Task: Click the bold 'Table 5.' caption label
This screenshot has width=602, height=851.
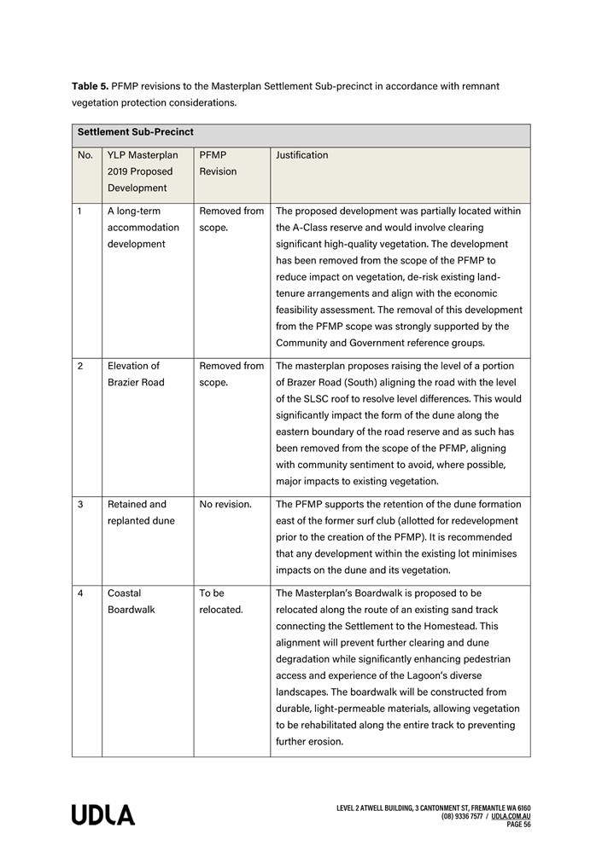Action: pyautogui.click(x=90, y=86)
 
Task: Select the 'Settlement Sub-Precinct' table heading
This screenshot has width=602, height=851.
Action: pyautogui.click(x=135, y=133)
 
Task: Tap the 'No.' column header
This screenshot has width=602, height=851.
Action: pyautogui.click(x=85, y=155)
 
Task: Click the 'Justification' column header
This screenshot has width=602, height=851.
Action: pyautogui.click(x=301, y=155)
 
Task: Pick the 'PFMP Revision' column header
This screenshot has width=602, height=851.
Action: pyautogui.click(x=219, y=164)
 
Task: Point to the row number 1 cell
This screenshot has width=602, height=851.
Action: pyautogui.click(x=80, y=211)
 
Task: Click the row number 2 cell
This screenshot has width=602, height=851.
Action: pyautogui.click(x=80, y=366)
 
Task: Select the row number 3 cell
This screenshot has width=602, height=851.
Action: pyautogui.click(x=80, y=505)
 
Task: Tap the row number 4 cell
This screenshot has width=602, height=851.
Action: pyautogui.click(x=80, y=593)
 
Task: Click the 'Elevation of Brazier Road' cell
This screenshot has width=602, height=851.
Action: pyautogui.click(x=136, y=374)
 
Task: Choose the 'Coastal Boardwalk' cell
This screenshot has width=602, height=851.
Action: pyautogui.click(x=132, y=601)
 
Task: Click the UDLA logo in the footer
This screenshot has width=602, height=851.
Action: pyautogui.click(x=102, y=815)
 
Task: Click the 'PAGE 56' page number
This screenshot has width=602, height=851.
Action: pyautogui.click(x=518, y=825)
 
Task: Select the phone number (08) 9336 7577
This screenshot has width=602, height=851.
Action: pyautogui.click(x=464, y=816)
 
